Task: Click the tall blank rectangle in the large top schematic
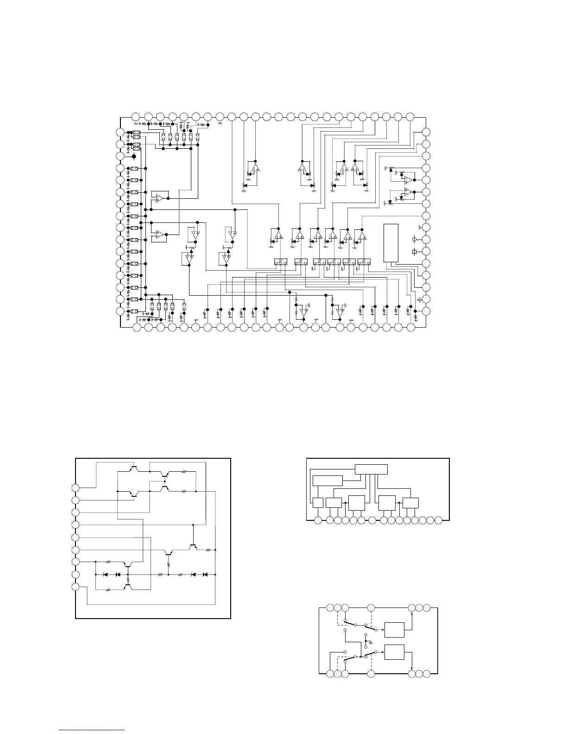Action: (x=391, y=243)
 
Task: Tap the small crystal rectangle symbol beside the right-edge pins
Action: (x=415, y=252)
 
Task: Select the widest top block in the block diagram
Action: (x=371, y=469)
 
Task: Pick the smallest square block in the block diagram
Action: (x=318, y=503)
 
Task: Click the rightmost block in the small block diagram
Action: (x=410, y=503)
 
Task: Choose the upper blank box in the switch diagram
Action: (x=394, y=630)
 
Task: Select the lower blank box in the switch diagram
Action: (x=394, y=652)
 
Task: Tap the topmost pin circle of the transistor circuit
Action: (x=76, y=487)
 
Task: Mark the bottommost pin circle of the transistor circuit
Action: (x=76, y=587)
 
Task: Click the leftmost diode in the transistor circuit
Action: (x=106, y=575)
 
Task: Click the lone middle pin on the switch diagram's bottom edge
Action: (x=371, y=673)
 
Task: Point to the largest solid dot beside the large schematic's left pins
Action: (x=133, y=157)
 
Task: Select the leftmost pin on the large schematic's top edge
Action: (x=136, y=116)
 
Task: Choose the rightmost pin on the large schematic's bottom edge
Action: (x=410, y=328)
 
